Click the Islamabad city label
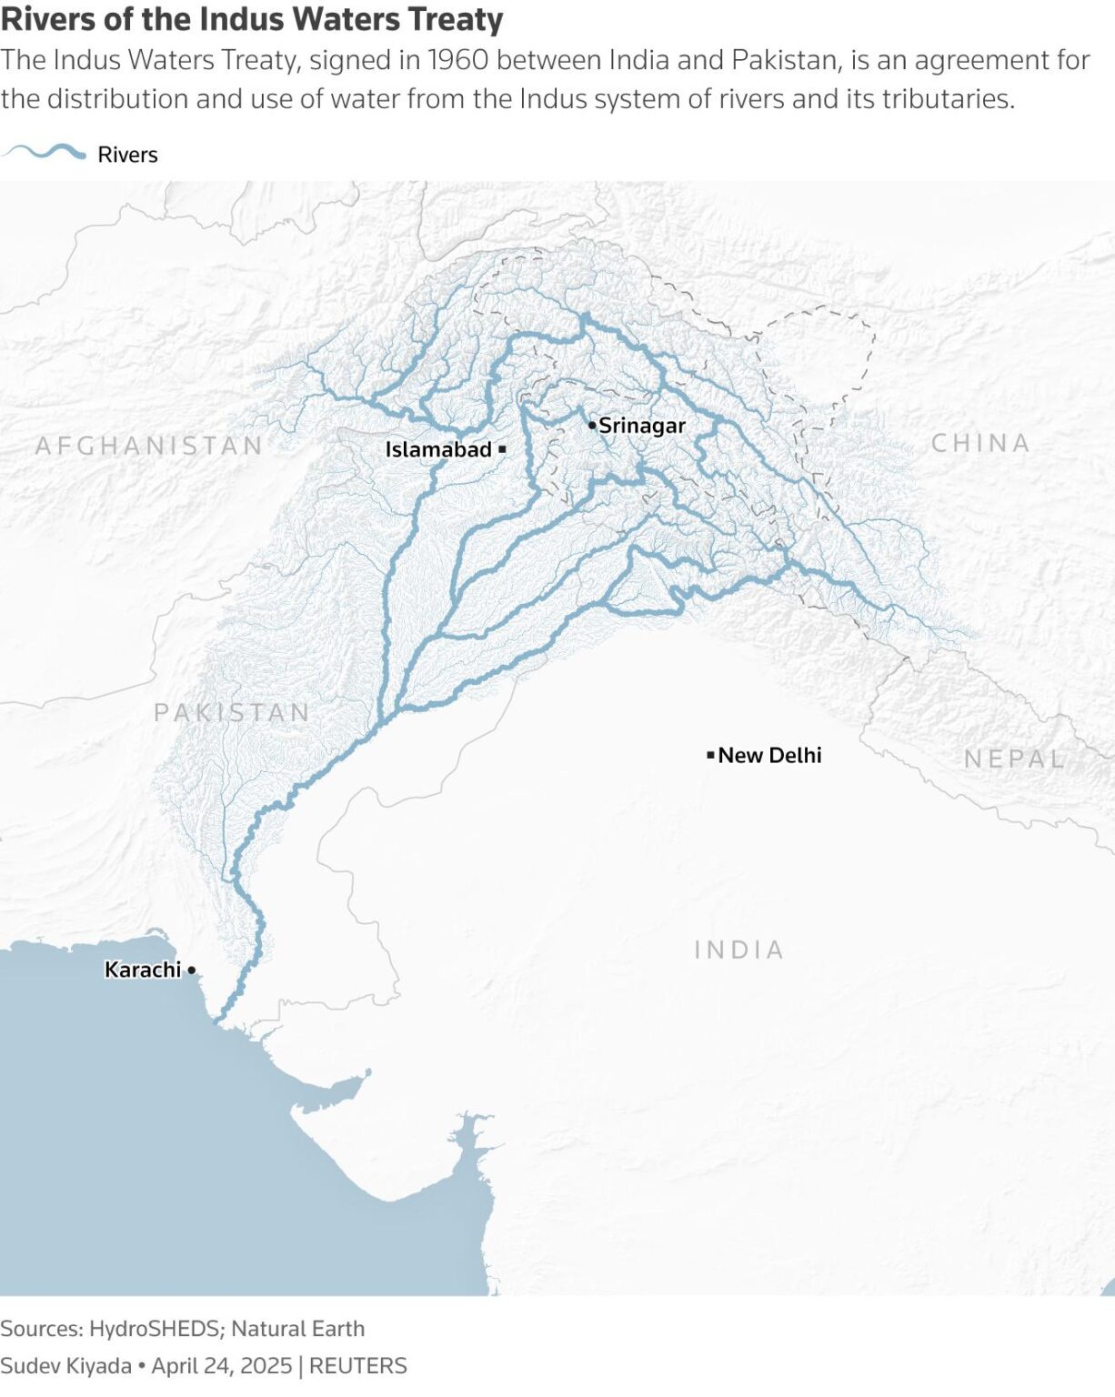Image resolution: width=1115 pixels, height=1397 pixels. click(x=437, y=449)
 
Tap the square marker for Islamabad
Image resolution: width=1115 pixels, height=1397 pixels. click(x=502, y=449)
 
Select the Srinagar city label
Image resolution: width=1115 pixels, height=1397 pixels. click(x=642, y=426)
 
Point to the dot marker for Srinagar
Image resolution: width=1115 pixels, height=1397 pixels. click(x=592, y=425)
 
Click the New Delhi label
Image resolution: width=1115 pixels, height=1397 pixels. click(x=769, y=755)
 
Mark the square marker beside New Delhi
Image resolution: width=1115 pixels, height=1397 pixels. click(x=710, y=755)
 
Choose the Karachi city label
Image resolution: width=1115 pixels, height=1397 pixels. click(x=143, y=970)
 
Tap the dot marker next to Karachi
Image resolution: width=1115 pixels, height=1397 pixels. click(x=191, y=970)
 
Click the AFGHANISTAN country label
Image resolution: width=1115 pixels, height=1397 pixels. click(x=149, y=446)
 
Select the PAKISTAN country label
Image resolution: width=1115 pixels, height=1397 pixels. click(x=232, y=712)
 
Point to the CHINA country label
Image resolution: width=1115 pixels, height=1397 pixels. click(x=980, y=443)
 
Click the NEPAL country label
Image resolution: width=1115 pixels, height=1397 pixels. click(x=1014, y=759)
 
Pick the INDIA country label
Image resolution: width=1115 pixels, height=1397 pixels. click(x=738, y=950)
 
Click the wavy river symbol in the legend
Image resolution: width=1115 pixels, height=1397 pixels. click(x=45, y=153)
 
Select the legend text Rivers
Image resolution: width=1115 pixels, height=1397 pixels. click(x=127, y=155)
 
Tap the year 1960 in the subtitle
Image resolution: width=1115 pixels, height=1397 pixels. click(x=458, y=60)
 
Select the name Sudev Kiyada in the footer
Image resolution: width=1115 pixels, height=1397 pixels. click(x=65, y=1366)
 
